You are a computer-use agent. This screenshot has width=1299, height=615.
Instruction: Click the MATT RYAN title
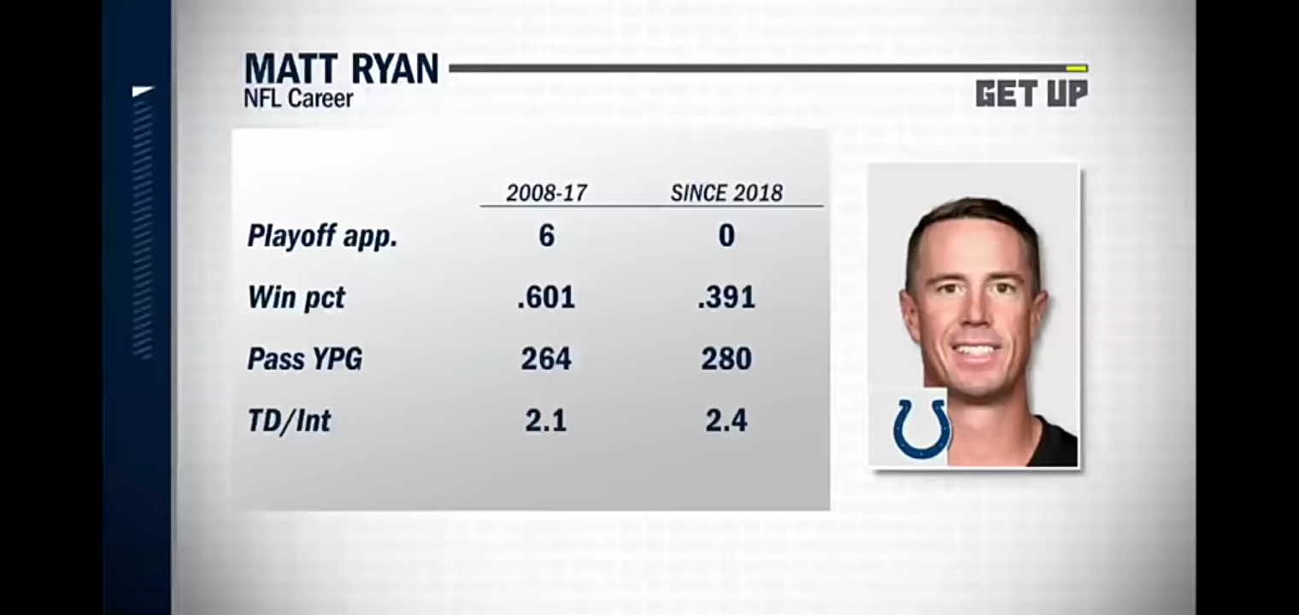(341, 69)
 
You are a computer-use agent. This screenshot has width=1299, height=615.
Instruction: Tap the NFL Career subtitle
(298, 99)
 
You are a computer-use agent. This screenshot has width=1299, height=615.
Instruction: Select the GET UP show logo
(1032, 93)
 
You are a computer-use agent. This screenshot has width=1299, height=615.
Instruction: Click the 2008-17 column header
(546, 193)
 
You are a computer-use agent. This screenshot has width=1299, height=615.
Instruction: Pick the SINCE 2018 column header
(726, 193)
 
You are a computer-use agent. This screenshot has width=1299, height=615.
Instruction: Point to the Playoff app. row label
(322, 237)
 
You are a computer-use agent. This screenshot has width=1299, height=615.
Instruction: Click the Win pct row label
(296, 297)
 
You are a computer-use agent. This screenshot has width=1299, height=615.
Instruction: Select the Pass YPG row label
(304, 359)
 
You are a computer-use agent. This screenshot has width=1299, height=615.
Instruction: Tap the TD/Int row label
(289, 420)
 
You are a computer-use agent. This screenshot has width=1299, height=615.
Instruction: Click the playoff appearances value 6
(546, 236)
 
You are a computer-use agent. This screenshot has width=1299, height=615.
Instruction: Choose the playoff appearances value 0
(726, 236)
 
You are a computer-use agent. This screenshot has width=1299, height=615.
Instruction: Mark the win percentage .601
(546, 297)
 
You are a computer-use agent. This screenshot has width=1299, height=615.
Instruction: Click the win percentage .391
(726, 297)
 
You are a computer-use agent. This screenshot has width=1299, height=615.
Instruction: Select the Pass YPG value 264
(546, 359)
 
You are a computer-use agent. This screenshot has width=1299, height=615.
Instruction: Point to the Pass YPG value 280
(726, 359)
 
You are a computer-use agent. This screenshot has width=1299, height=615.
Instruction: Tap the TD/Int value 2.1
(546, 420)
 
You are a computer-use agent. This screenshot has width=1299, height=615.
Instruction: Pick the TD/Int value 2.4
(726, 420)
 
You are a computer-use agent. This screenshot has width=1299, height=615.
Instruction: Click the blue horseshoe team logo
(921, 428)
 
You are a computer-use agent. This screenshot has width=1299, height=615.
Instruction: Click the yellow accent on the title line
(1076, 68)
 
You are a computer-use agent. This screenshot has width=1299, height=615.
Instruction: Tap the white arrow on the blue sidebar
(143, 91)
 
